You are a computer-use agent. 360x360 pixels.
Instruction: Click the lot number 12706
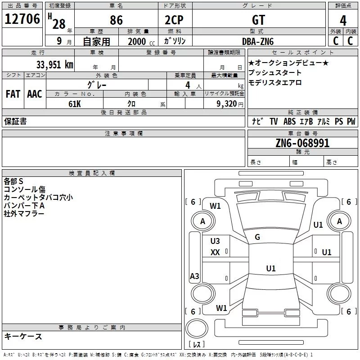click(22, 19)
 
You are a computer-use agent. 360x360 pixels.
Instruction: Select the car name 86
click(116, 20)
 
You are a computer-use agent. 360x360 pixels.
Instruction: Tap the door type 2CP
click(174, 20)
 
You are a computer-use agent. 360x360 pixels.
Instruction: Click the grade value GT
click(258, 20)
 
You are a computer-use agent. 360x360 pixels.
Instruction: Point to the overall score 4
click(343, 20)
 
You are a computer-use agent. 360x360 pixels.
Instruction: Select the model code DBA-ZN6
click(258, 41)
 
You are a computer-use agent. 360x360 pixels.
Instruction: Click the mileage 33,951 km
click(54, 65)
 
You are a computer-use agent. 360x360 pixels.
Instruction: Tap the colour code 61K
click(75, 104)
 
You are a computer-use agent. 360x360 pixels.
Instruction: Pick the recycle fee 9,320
click(227, 104)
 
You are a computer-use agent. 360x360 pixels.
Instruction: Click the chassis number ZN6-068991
click(302, 143)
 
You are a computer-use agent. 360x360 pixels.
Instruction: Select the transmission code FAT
click(13, 94)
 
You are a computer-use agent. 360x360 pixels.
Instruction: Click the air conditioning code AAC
click(35, 94)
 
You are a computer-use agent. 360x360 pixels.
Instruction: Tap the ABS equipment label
click(289, 121)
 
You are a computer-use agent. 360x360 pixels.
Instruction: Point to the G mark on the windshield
click(257, 237)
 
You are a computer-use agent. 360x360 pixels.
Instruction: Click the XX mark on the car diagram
click(215, 252)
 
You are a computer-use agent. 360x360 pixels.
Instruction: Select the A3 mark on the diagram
click(194, 276)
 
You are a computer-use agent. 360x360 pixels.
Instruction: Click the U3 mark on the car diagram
click(215, 241)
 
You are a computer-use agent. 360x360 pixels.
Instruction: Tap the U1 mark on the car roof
click(271, 268)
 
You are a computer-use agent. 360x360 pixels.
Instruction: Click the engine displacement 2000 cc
click(141, 42)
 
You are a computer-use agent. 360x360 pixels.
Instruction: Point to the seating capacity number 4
click(188, 85)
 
